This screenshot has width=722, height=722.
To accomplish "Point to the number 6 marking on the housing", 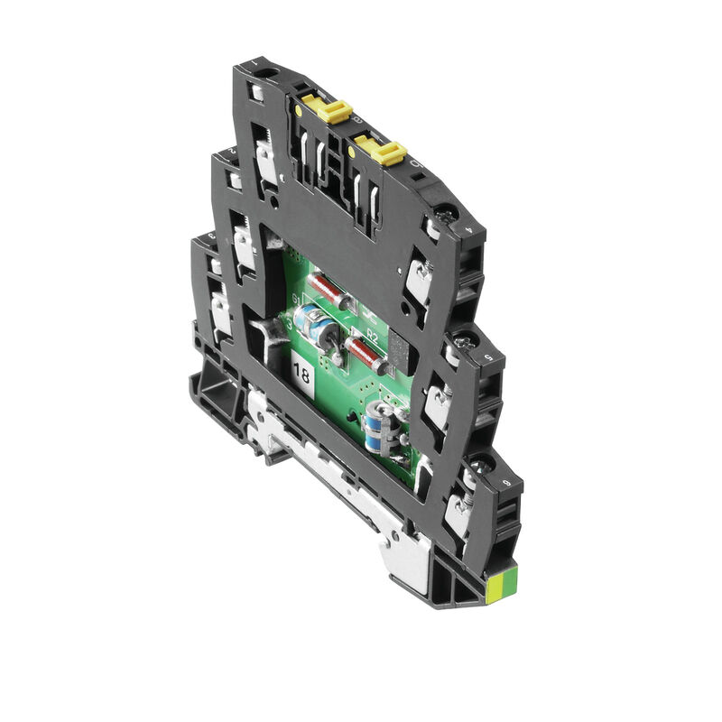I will [x=515, y=484].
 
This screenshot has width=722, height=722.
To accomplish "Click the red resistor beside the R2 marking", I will [x=368, y=355].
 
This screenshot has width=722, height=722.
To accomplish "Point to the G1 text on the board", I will [x=294, y=300].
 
